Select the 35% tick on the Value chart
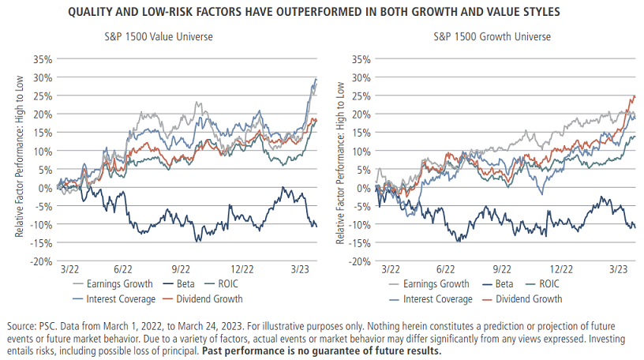43,59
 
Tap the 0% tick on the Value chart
46,187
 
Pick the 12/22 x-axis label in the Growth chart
563,270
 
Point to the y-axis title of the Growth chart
342,160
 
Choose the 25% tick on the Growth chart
360,96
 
